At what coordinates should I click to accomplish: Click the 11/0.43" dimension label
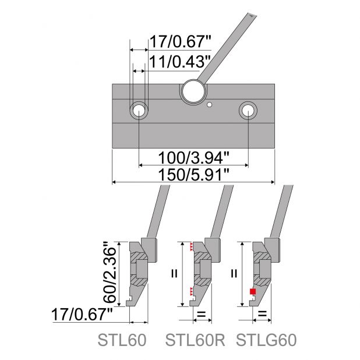point(180,62)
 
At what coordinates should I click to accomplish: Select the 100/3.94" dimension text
point(194,158)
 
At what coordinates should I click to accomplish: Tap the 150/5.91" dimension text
point(194,175)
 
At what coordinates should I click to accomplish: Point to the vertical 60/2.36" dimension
point(110,272)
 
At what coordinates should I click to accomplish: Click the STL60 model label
point(122,340)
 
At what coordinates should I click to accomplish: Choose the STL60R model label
point(195,340)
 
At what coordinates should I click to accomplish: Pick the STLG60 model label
point(266,340)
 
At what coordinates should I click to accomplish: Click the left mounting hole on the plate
point(139,111)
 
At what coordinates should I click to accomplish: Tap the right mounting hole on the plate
point(248,111)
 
